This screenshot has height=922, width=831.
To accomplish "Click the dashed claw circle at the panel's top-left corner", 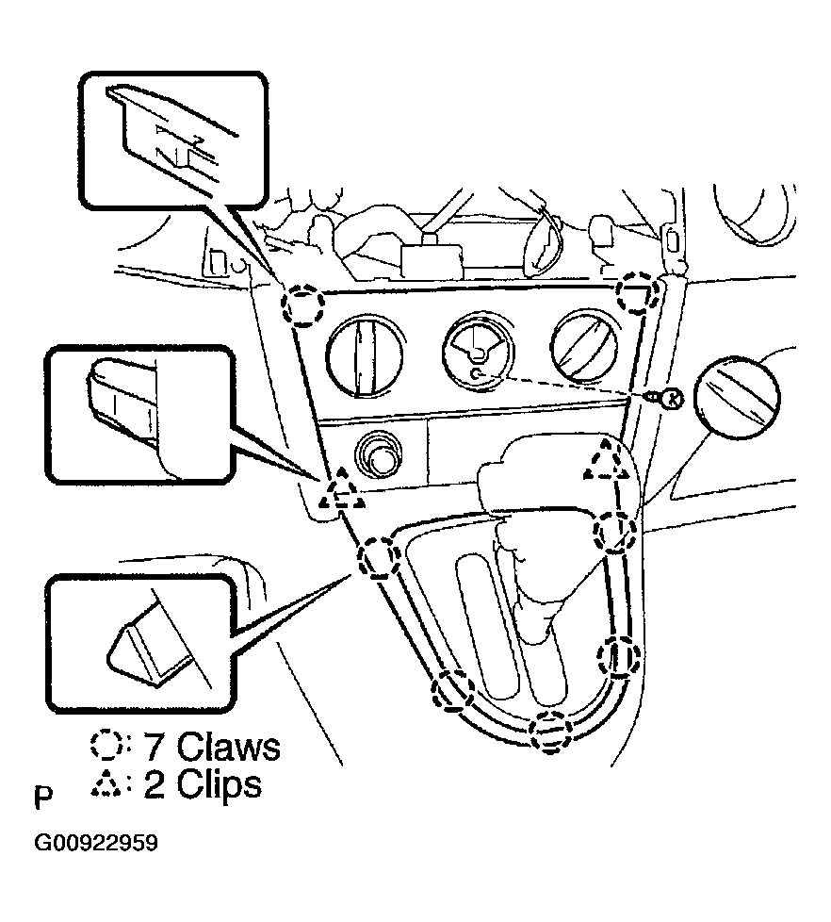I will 304,305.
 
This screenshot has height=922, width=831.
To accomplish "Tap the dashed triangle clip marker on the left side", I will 340,490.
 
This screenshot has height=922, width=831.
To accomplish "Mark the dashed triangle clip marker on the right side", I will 608,462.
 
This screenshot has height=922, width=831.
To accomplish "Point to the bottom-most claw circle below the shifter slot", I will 549,731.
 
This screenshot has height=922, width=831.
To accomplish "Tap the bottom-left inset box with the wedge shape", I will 138,644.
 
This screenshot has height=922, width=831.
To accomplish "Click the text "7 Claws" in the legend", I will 212,747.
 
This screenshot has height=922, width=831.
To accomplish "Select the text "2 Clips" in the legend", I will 202,784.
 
